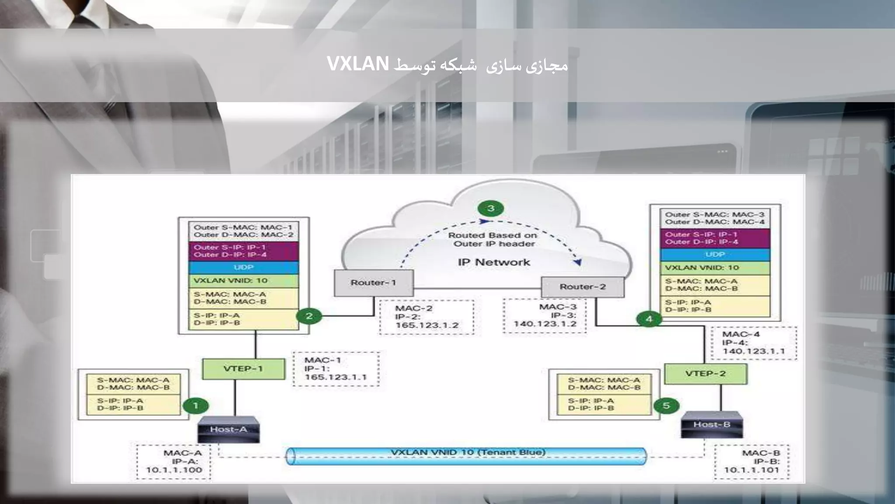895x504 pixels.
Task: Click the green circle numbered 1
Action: tap(195, 406)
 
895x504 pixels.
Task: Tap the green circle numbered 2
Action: tap(309, 316)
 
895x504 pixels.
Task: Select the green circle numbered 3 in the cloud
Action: tap(490, 208)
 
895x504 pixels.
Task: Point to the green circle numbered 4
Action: tap(649, 319)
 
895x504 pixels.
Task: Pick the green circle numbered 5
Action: tap(666, 406)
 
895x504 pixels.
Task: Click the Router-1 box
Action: tap(373, 283)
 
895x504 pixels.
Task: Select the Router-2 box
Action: tap(583, 287)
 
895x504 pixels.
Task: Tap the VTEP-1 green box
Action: tap(243, 369)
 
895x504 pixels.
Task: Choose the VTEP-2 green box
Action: tap(705, 374)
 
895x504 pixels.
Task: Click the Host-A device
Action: tap(229, 430)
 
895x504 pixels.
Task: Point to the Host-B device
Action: tap(712, 425)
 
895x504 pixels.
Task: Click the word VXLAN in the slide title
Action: tap(358, 64)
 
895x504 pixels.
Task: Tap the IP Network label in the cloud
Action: tap(494, 262)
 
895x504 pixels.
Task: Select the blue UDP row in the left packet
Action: tap(243, 267)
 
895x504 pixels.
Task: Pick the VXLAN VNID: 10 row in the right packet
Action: tap(715, 268)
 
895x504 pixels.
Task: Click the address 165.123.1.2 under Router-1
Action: tap(427, 325)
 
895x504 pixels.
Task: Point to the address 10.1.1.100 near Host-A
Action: tap(174, 470)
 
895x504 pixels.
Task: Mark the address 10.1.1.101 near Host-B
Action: tap(751, 470)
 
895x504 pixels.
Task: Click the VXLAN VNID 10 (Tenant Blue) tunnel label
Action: tap(468, 452)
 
